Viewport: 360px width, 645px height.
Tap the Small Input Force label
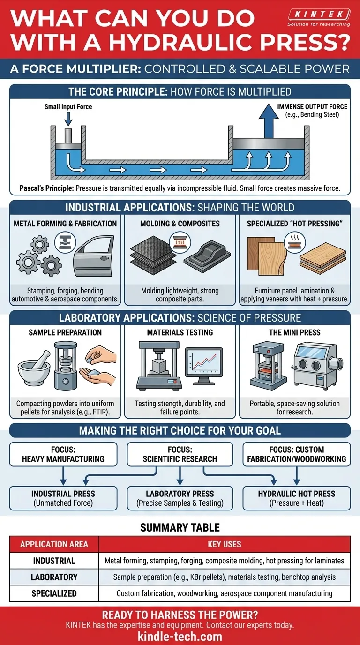click(x=68, y=107)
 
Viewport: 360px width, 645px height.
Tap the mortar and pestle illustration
click(x=35, y=370)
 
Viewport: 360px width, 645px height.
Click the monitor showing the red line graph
click(x=203, y=367)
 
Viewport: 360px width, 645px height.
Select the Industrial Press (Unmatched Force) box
click(x=63, y=498)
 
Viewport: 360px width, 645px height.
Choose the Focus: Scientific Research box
click(x=180, y=454)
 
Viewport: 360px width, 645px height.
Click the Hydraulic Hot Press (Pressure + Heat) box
click(x=296, y=498)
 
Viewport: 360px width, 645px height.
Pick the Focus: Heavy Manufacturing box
click(x=63, y=454)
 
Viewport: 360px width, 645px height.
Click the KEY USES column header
click(x=224, y=544)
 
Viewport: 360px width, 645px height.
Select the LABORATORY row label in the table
click(x=54, y=577)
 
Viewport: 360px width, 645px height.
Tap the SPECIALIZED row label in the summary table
click(x=54, y=593)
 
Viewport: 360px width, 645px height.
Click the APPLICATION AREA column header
click(x=54, y=544)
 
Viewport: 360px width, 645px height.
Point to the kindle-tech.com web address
click(x=180, y=636)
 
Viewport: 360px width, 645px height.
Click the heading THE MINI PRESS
click(x=294, y=332)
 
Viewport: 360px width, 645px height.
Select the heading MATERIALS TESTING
click(x=180, y=332)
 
